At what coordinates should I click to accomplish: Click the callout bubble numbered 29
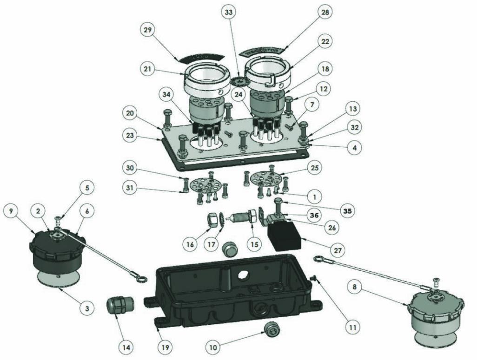pyautogui.click(x=148, y=30)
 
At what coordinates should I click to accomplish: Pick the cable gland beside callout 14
pyautogui.click(x=117, y=306)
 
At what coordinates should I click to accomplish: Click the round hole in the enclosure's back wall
pyautogui.click(x=243, y=276)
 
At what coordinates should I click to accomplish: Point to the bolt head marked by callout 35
pyautogui.click(x=278, y=201)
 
